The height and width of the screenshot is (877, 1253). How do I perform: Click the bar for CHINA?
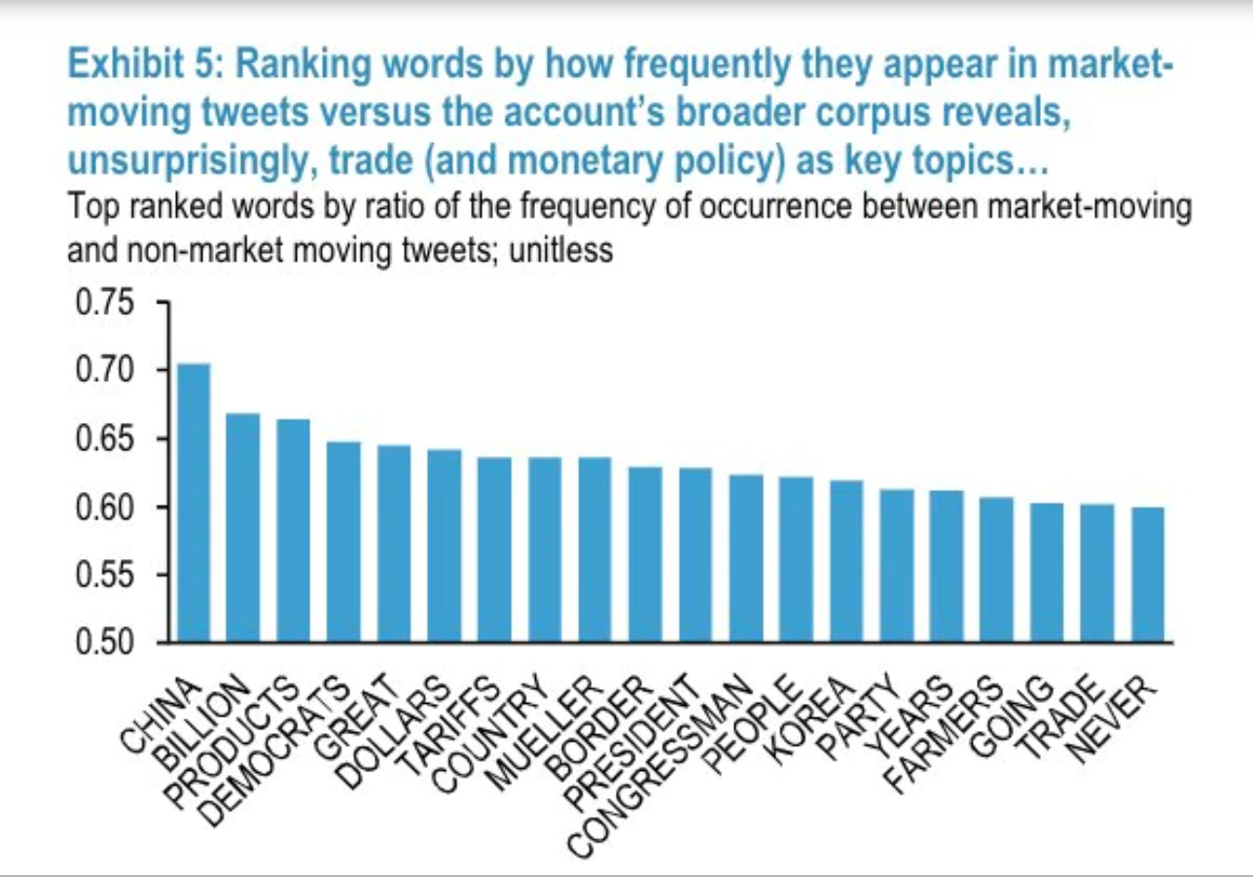pos(194,503)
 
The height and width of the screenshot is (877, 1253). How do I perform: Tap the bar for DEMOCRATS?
pos(343,542)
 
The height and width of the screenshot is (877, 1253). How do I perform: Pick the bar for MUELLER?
pos(594,549)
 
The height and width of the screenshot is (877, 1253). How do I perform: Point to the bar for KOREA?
pos(846,561)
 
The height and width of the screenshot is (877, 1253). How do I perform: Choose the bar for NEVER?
pos(1148,575)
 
